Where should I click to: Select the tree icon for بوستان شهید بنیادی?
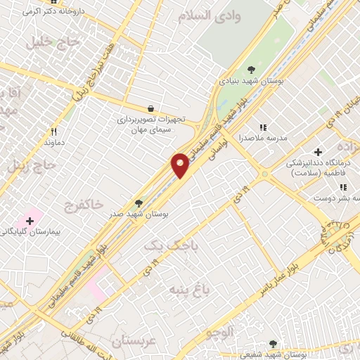(252, 68)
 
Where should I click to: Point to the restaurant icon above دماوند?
(53, 131)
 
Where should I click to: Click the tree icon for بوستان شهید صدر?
(139, 202)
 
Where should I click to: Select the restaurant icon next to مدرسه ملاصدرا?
(263, 127)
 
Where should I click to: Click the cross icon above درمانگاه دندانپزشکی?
(318, 152)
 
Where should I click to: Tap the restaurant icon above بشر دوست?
(343, 188)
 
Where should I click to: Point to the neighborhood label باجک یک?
(171, 246)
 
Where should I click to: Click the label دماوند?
(55, 143)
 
